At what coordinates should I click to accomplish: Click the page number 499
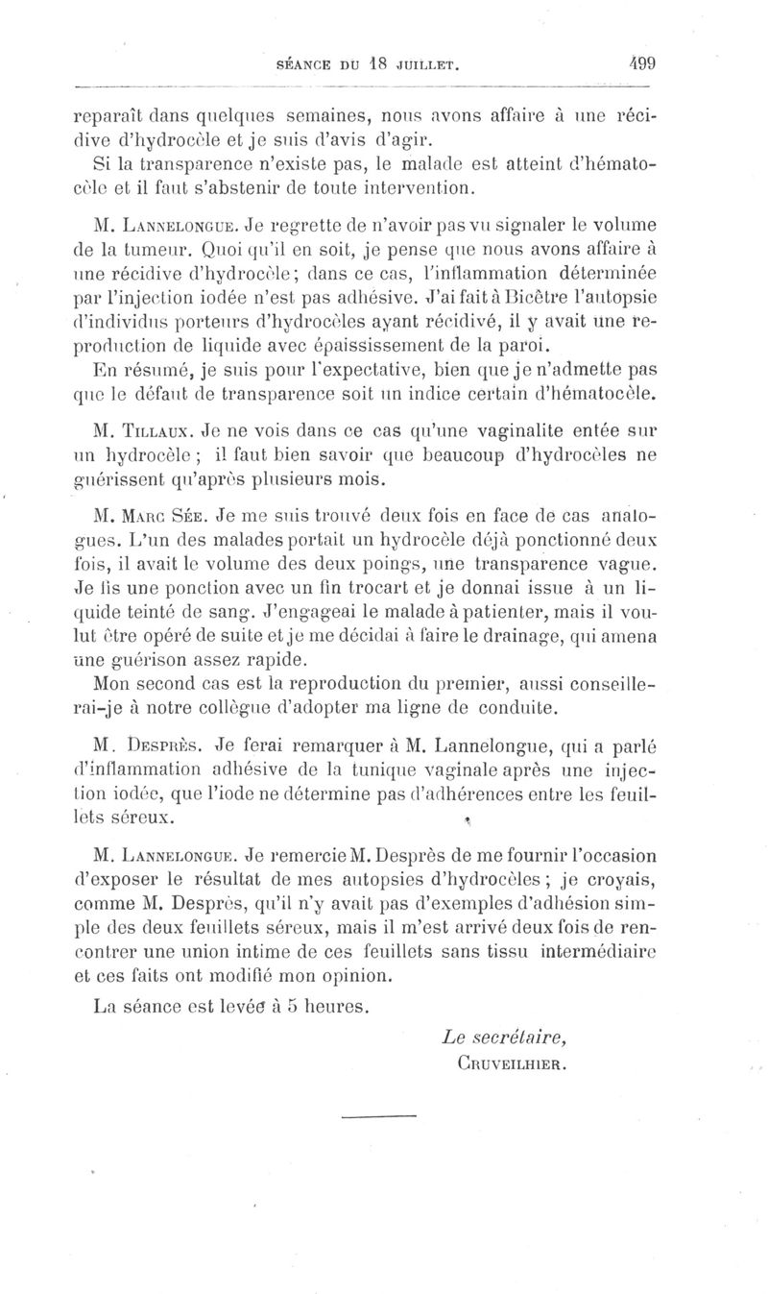tap(641, 65)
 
